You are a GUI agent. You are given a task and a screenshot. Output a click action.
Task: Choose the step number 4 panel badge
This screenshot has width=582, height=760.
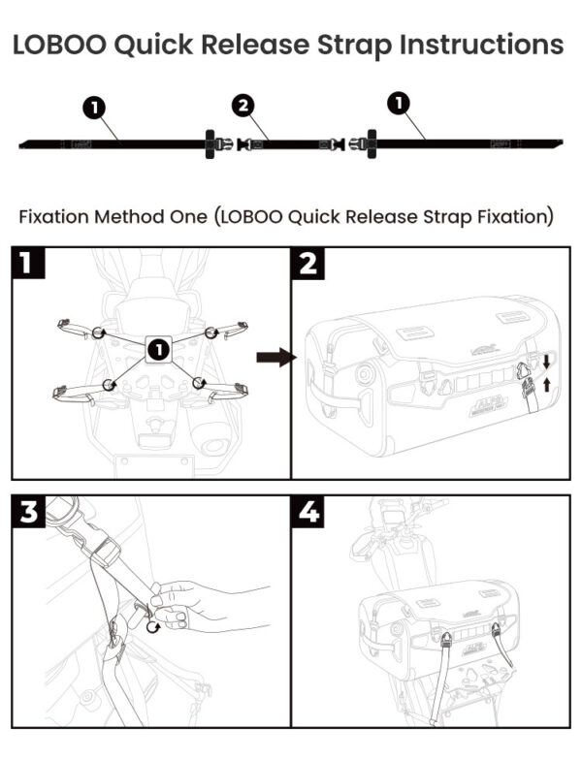click(x=308, y=513)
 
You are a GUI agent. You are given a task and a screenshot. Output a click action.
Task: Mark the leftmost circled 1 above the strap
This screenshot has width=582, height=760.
click(x=94, y=107)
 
